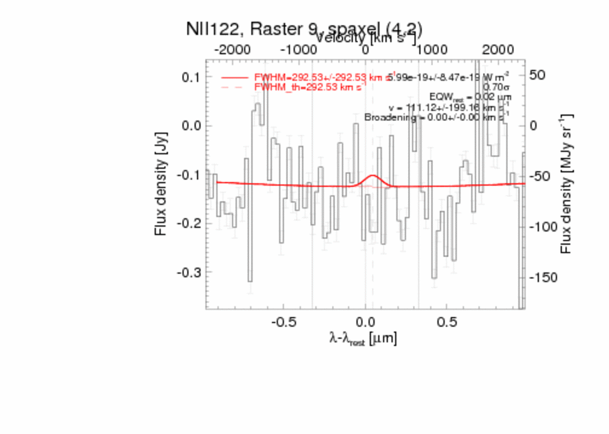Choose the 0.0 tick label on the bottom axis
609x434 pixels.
point(365,321)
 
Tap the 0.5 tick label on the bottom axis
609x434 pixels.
point(447,321)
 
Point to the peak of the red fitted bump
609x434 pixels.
point(373,176)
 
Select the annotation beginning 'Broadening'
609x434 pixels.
point(436,117)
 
